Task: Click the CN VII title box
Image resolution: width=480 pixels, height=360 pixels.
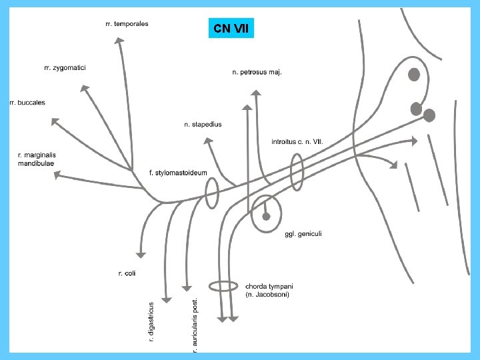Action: pos(231,29)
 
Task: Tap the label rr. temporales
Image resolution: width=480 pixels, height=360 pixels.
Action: pos(127,24)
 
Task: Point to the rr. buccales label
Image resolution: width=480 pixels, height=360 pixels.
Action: pos(28,103)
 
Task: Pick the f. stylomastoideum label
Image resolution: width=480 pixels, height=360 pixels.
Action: pos(178,173)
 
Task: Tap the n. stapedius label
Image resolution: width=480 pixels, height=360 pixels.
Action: pos(203,124)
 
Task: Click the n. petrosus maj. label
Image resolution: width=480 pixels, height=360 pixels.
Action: pos(257,72)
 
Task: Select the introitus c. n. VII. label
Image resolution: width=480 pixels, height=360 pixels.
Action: pos(297,141)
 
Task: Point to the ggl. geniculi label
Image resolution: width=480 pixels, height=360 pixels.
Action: pos(303,233)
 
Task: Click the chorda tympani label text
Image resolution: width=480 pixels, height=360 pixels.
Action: pos(269,290)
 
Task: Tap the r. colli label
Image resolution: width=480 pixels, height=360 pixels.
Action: pos(127,273)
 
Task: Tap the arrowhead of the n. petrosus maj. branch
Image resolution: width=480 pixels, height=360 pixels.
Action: pos(248,108)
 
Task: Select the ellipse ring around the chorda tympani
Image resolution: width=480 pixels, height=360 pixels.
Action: pos(223,286)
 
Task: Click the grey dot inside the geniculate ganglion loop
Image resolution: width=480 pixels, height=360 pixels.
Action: pos(266,216)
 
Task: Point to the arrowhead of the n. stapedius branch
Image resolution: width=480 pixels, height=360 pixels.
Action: pos(207,141)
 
